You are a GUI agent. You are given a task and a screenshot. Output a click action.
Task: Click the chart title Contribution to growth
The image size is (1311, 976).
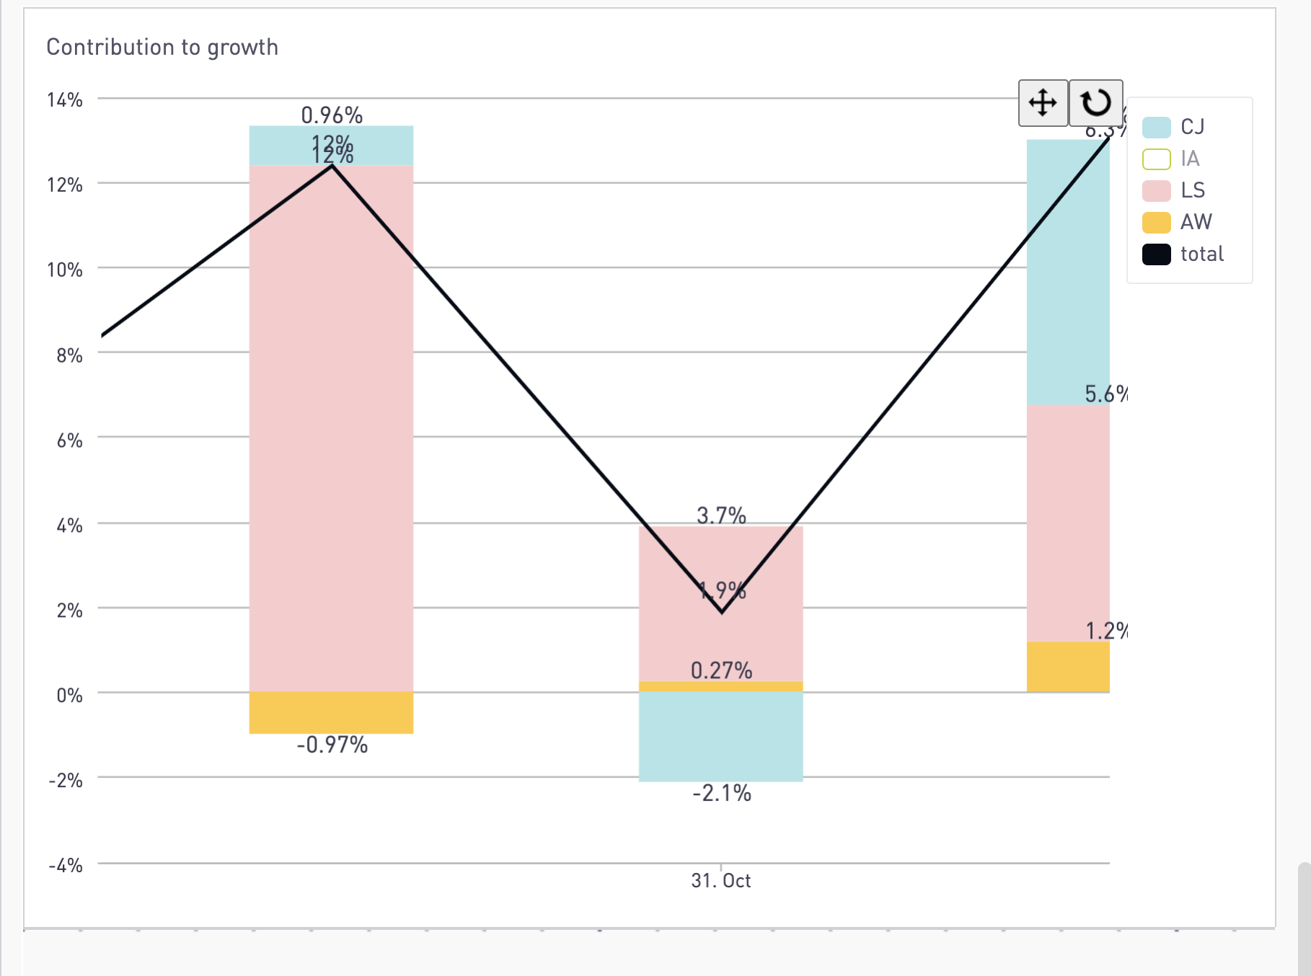pos(162,48)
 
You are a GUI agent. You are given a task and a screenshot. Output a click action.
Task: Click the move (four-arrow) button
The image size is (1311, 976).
pos(1043,103)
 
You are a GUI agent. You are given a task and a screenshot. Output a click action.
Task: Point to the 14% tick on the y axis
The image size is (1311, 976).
pos(65,99)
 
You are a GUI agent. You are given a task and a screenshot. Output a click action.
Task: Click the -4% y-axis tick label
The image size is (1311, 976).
pos(66,865)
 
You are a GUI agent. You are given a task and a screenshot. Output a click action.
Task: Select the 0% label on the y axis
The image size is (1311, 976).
pos(69,695)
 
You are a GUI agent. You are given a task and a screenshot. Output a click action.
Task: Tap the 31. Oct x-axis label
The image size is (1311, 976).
pos(721,880)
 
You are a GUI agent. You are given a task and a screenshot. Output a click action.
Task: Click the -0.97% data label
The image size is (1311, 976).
pos(332,745)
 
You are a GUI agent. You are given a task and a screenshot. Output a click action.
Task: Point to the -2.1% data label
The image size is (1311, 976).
pos(722,794)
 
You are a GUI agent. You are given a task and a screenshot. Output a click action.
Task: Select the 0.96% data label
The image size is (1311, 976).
pos(332,115)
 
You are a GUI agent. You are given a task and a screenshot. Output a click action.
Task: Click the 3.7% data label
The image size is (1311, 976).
pos(721,515)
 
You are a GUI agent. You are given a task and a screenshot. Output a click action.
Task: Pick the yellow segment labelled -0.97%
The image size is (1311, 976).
pos(331,713)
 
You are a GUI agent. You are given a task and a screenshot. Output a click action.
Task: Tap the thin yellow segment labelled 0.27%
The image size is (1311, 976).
pos(721,686)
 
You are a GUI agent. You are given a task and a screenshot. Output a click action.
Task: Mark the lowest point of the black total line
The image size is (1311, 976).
pos(722,612)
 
